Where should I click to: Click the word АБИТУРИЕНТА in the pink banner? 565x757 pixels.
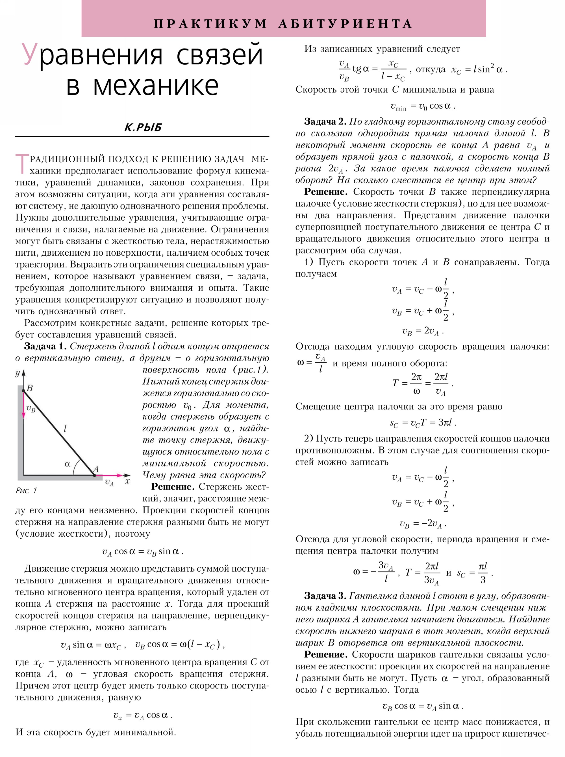(345, 24)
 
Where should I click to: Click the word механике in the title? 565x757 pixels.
(156, 85)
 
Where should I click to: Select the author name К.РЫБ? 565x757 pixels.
(143, 128)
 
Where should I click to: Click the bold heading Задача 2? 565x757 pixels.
(325, 122)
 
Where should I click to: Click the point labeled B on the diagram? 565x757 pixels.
(24, 390)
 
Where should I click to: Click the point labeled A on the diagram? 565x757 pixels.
(94, 475)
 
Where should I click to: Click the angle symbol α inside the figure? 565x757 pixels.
(67, 464)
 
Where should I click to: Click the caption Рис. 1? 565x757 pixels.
(26, 491)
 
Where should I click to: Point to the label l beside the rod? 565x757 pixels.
(65, 428)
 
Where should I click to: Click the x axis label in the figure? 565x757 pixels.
(127, 481)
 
